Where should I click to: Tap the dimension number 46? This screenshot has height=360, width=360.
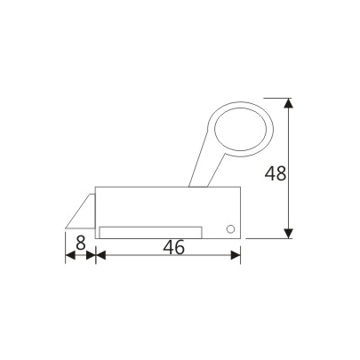point(173,248)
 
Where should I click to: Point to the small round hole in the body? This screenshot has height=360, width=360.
point(230,229)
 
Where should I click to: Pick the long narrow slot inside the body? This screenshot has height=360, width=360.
point(151,231)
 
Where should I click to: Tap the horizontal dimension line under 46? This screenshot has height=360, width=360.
point(169,256)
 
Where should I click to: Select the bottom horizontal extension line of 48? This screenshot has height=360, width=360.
point(267,238)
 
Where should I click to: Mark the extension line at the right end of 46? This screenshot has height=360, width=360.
point(241,251)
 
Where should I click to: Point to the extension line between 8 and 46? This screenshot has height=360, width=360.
point(94,250)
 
